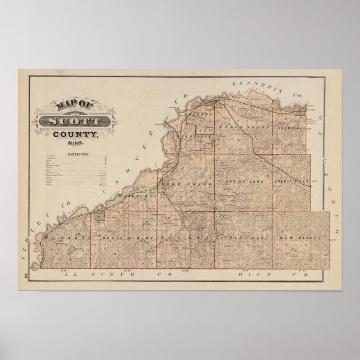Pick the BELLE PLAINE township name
[x=122, y=238]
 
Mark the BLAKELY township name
[x=63, y=238]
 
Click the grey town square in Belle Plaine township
[x=98, y=216]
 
